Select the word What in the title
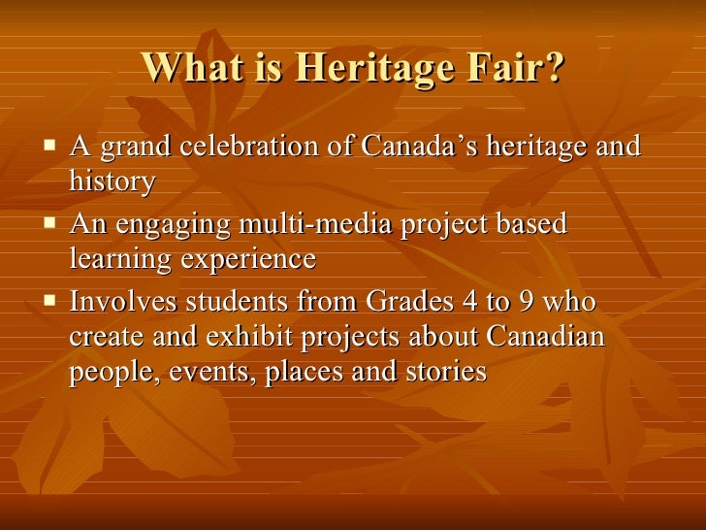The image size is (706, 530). [188, 68]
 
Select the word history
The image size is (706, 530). [112, 182]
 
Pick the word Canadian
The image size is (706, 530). [545, 337]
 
